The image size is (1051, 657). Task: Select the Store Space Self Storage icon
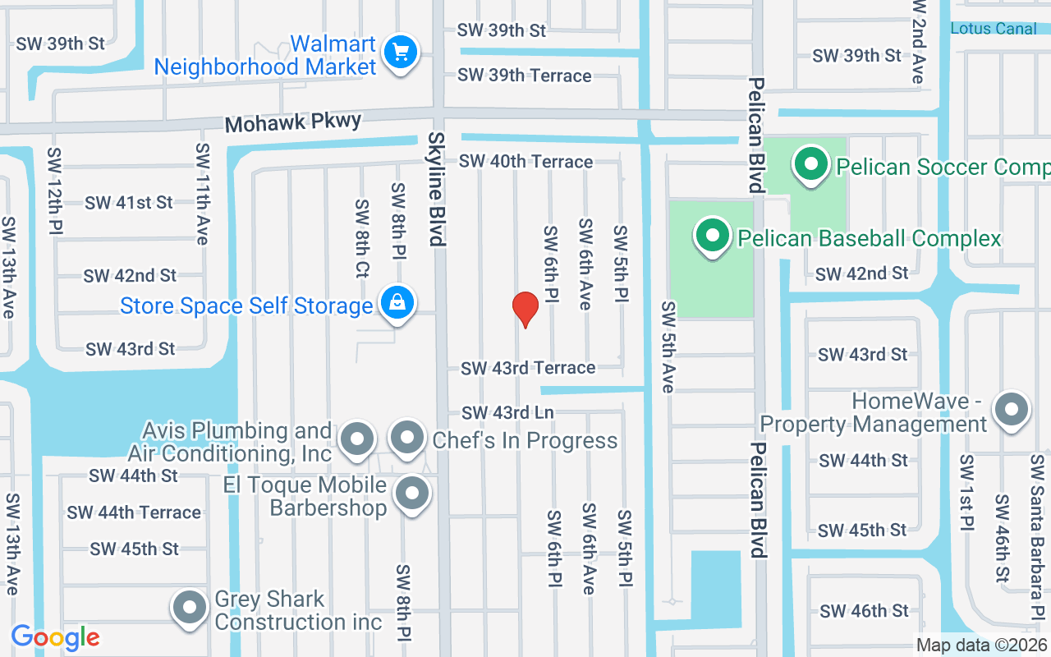(397, 304)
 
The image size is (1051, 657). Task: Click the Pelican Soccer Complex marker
(811, 165)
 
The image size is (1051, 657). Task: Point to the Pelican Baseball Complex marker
(713, 237)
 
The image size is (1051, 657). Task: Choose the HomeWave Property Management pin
(1012, 409)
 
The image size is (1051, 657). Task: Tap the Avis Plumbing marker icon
(357, 439)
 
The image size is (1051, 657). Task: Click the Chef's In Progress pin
(406, 439)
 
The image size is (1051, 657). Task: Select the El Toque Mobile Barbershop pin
(412, 494)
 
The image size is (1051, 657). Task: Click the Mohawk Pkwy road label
(293, 123)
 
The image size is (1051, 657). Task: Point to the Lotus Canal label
(994, 29)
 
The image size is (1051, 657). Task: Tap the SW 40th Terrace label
(525, 161)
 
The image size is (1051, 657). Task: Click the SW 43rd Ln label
(507, 412)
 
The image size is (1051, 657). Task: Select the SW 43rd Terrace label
(528, 368)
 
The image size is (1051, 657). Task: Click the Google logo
(55, 637)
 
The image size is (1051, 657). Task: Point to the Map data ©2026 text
(982, 646)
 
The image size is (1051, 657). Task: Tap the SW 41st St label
(129, 202)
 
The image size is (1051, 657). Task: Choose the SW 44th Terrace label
(134, 512)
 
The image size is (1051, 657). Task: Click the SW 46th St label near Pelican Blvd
(865, 611)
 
